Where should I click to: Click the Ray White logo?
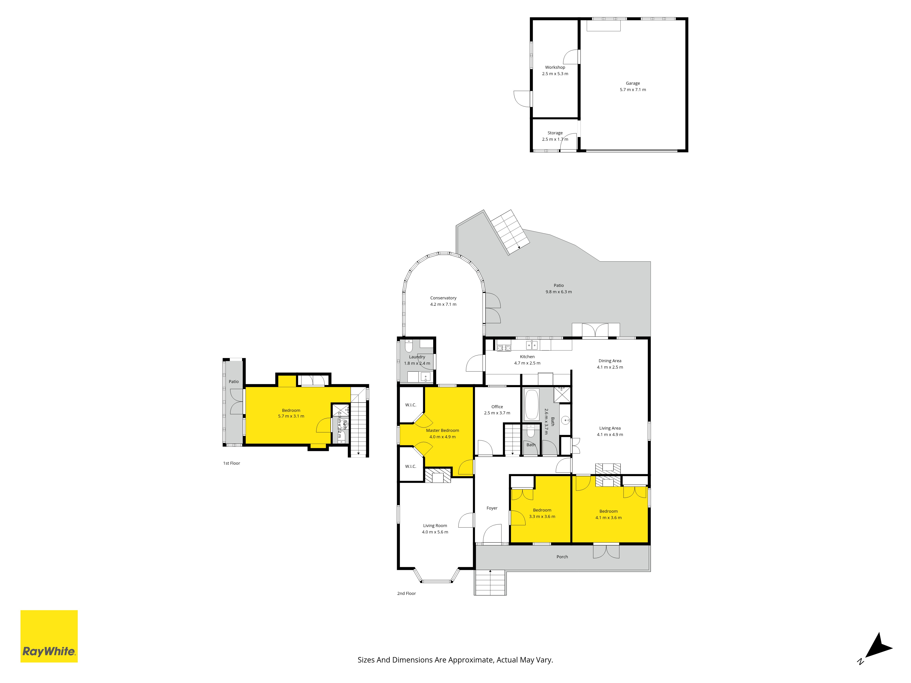tap(49, 636)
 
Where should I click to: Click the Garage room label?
tap(633, 83)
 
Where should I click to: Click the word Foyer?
tap(492, 508)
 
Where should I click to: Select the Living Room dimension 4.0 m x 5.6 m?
tap(435, 532)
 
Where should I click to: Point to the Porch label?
tap(562, 557)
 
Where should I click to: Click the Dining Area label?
tap(610, 361)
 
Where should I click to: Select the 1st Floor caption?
tap(231, 463)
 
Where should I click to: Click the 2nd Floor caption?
tap(407, 593)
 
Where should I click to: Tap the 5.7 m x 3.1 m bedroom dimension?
tap(291, 416)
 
